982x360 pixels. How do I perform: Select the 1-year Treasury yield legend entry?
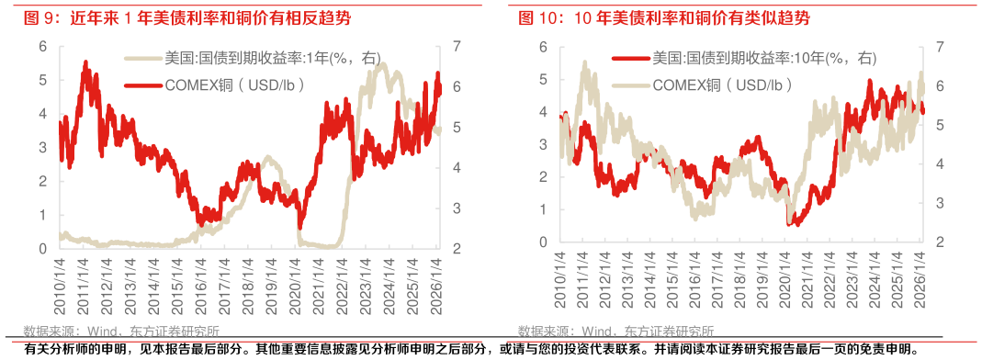pyautogui.click(x=253, y=58)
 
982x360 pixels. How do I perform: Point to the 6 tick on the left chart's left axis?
pyautogui.click(x=42, y=47)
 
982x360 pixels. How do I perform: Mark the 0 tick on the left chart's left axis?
pyautogui.click(x=42, y=248)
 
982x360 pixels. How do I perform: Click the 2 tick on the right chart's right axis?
pyautogui.click(x=939, y=242)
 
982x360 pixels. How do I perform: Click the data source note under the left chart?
pyautogui.click(x=120, y=332)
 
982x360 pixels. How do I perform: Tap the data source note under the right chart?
pyautogui.click(x=615, y=332)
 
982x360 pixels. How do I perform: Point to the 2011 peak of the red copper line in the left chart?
pyautogui.click(x=85, y=62)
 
